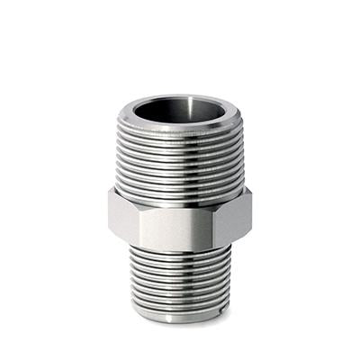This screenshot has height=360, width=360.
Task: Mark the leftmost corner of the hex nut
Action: [x=109, y=214]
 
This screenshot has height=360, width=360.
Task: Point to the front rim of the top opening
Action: [x=180, y=128]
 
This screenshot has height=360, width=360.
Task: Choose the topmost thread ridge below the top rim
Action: [x=180, y=136]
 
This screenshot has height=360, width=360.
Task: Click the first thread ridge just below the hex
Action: [x=180, y=249]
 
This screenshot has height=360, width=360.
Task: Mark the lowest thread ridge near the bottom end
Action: [x=180, y=304]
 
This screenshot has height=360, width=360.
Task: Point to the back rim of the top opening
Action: [x=180, y=95]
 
